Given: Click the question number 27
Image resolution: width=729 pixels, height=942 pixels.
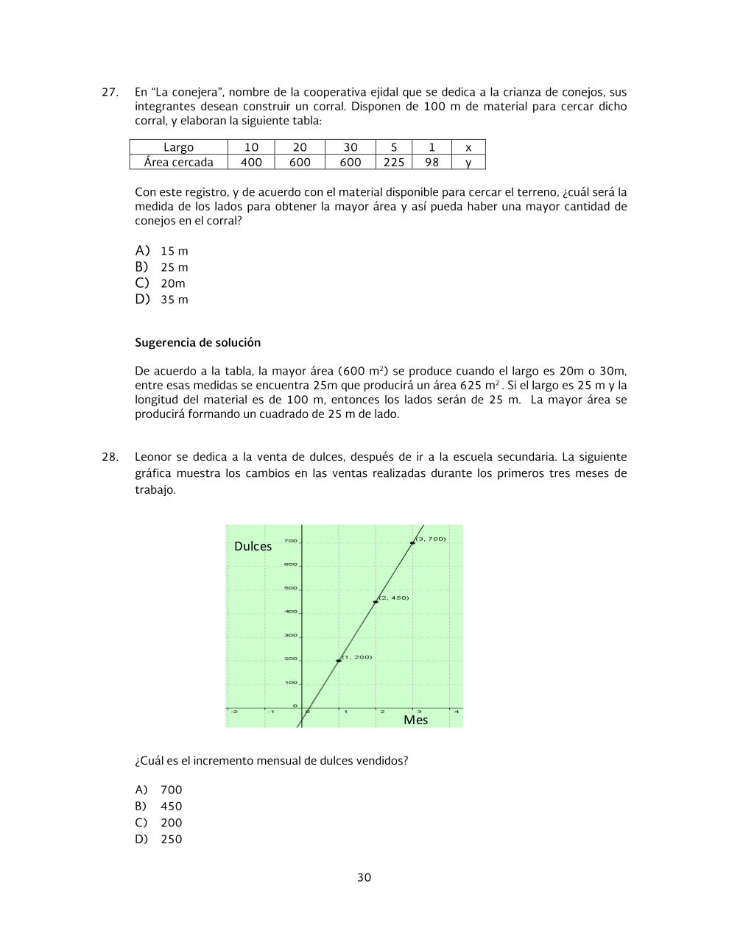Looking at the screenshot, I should point(109,92).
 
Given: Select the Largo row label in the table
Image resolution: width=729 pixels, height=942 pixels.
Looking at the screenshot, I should point(178,147).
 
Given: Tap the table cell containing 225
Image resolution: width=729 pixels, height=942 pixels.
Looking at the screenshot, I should point(394,162).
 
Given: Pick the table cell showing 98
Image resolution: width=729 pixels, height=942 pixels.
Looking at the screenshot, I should point(432,162).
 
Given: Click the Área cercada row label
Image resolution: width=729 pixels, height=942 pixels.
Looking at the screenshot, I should point(178,162).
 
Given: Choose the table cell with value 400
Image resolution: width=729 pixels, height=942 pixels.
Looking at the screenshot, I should point(251,162).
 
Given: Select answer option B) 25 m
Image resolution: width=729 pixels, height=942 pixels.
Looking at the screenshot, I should point(162,267).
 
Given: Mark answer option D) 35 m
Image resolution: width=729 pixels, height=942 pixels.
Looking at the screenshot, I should point(162,300).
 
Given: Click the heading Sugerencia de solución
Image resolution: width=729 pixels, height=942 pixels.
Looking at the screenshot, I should point(197,342).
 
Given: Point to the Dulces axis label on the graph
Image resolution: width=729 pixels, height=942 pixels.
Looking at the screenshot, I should point(253,546).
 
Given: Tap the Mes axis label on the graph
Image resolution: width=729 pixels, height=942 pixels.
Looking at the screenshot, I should point(415,720).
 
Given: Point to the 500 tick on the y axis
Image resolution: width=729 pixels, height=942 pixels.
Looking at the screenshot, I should point(290,588).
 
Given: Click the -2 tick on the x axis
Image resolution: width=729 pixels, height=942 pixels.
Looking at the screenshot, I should point(234,712).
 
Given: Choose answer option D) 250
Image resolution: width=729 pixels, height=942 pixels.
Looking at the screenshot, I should point(159,839).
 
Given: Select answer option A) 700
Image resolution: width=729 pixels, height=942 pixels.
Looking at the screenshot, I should point(159,790).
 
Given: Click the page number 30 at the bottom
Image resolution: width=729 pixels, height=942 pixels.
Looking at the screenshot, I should point(364,877).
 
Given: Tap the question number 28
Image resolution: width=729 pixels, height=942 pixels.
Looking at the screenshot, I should point(109,457).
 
